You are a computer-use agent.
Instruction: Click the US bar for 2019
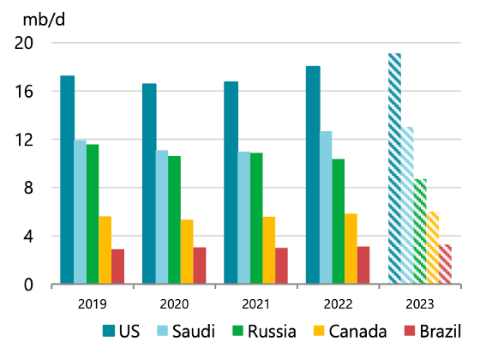68,179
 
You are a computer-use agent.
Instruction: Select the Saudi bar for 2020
162,217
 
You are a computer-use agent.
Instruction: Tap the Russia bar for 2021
256,219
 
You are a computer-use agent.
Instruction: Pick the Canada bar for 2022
351,249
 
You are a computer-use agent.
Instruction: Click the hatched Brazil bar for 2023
445,264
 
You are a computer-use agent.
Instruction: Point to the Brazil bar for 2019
118,267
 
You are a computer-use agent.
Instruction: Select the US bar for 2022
313,175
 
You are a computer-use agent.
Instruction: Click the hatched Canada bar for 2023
433,248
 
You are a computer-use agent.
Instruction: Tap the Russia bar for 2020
175,219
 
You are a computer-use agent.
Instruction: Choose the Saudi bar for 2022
326,207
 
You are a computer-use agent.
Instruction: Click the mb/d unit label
44,21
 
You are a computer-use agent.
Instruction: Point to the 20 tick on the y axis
24,43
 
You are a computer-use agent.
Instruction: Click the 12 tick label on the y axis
24,140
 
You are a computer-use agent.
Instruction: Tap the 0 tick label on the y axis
28,285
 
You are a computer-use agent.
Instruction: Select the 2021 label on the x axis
256,304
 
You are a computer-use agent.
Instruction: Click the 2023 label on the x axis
420,304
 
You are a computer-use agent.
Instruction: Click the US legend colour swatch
109,331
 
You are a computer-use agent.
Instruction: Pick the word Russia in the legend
273,331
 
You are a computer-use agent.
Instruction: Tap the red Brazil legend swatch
410,331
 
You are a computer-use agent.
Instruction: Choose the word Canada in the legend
358,331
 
